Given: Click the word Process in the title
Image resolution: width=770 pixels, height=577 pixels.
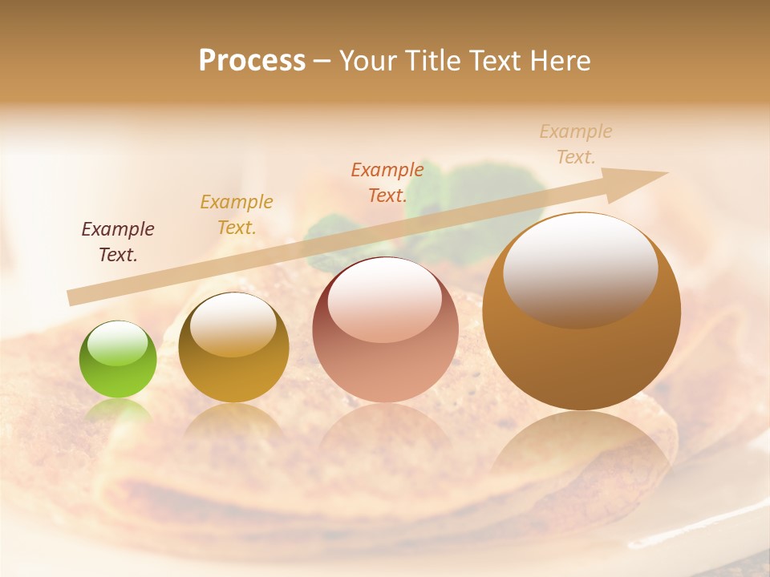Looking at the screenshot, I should [x=252, y=60].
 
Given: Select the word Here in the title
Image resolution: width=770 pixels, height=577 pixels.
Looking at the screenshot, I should [x=560, y=60].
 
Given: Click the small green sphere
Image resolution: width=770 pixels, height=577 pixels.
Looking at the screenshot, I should [x=118, y=360].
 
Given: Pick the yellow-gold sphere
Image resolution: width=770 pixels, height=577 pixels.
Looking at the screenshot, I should [x=233, y=348].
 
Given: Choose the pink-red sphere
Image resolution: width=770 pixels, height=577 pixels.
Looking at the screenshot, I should [x=385, y=330].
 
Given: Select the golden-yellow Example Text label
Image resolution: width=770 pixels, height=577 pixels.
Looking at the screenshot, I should [x=237, y=215].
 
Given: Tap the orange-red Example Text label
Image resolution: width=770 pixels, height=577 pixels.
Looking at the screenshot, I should [x=387, y=183].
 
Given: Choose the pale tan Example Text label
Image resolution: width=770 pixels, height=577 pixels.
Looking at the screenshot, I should [x=576, y=144].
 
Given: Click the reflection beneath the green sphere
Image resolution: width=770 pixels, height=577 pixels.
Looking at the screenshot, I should [x=118, y=412].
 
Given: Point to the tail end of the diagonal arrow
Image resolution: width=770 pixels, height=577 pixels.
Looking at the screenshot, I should [x=71, y=297].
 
